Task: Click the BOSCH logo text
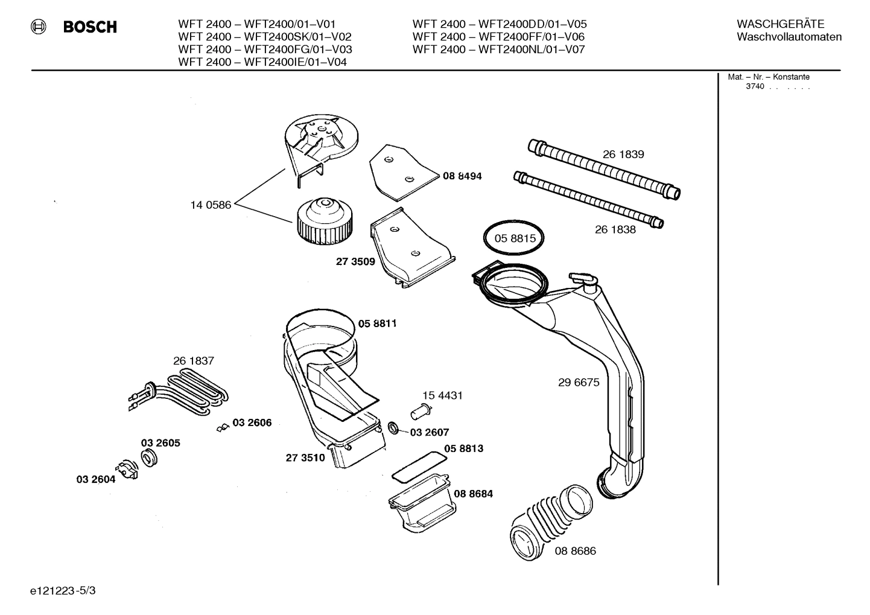[x=89, y=27]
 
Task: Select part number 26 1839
[x=623, y=155]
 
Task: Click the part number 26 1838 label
[x=615, y=229]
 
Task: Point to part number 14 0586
[x=211, y=205]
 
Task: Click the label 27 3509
[x=355, y=262]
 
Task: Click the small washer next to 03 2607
[x=393, y=429]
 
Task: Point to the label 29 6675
[x=579, y=383]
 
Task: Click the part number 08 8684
[x=473, y=494]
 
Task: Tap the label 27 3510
[x=305, y=457]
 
